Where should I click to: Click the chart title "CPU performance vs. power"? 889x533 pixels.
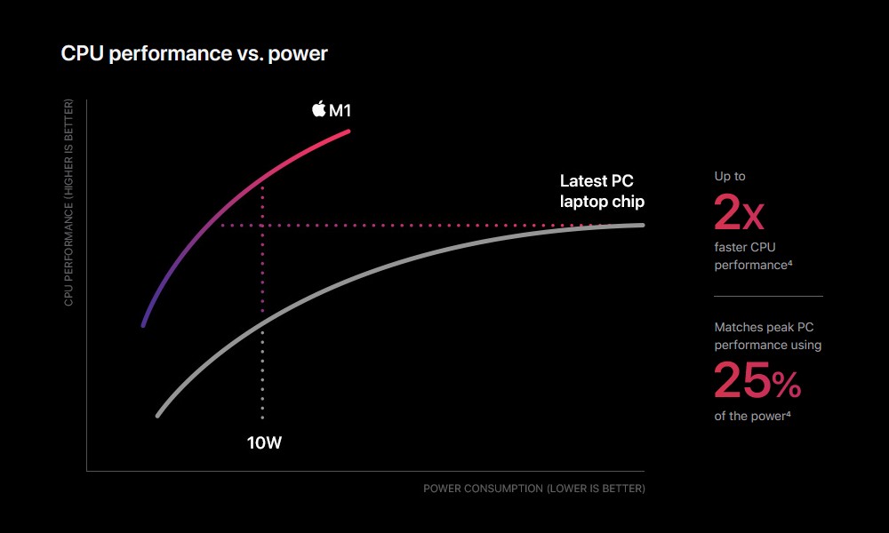tap(194, 54)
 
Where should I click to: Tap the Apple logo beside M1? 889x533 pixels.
tap(318, 108)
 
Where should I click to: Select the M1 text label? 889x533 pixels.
tap(340, 110)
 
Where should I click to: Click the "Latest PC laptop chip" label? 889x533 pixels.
tap(602, 192)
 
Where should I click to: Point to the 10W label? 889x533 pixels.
tap(264, 443)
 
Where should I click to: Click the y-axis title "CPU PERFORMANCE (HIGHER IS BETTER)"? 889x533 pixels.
tap(68, 203)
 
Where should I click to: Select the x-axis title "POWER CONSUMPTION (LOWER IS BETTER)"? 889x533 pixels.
tap(534, 489)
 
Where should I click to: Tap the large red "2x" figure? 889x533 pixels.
tap(739, 212)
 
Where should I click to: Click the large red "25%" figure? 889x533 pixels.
tap(757, 380)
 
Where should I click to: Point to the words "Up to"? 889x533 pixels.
tap(730, 176)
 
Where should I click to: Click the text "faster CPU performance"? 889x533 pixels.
tap(753, 256)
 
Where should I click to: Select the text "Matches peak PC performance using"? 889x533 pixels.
tap(768, 336)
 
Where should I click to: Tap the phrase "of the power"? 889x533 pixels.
tap(752, 416)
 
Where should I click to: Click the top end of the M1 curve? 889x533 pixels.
tap(348, 131)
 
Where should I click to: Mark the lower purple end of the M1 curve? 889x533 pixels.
tap(143, 325)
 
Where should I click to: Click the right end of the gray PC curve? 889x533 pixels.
tap(643, 225)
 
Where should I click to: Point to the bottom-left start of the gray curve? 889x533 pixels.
tap(158, 415)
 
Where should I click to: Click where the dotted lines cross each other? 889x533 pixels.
tap(262, 226)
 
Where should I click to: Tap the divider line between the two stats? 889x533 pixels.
tap(768, 296)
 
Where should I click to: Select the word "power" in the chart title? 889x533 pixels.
tap(298, 55)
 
